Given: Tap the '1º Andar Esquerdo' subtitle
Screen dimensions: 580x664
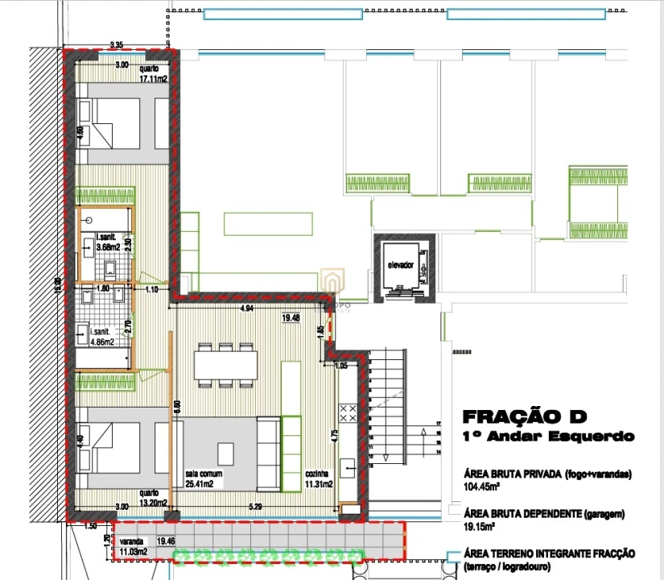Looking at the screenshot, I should pyautogui.click(x=547, y=437).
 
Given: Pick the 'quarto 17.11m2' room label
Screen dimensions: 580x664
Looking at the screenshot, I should pyautogui.click(x=152, y=74).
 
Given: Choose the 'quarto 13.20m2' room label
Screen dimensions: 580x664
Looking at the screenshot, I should pyautogui.click(x=152, y=497).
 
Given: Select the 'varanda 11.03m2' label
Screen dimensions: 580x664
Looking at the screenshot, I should pyautogui.click(x=134, y=548).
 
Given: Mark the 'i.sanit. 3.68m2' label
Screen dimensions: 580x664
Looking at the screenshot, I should pyautogui.click(x=108, y=242).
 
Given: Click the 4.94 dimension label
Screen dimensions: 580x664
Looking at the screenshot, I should pyautogui.click(x=248, y=308).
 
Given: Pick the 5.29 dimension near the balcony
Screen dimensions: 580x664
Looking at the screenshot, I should pyautogui.click(x=256, y=507).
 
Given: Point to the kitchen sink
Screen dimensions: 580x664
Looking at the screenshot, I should pyautogui.click(x=350, y=465).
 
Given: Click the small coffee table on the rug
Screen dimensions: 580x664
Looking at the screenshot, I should pyautogui.click(x=226, y=454).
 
